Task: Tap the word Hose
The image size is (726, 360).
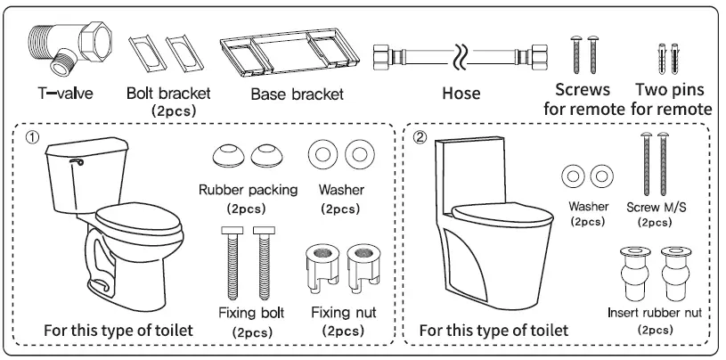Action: [461, 93]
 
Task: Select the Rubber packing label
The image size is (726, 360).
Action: [243, 190]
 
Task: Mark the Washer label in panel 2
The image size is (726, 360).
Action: [588, 206]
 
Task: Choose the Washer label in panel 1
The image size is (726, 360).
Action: [339, 190]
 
